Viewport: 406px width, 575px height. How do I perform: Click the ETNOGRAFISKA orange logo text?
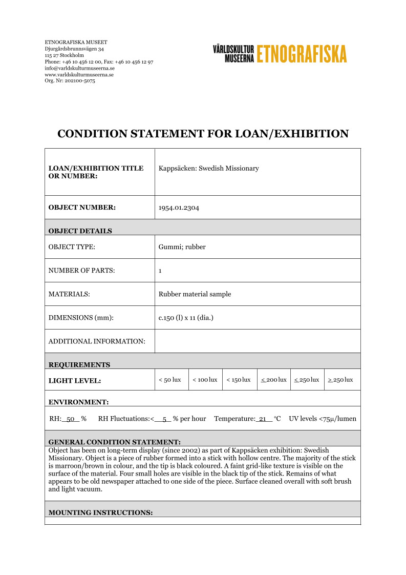[x=302, y=54]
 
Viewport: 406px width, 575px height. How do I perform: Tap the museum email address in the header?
[x=79, y=68]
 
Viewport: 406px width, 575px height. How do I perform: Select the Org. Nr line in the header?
[x=70, y=80]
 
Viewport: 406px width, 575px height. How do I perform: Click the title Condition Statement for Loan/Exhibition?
[x=203, y=134]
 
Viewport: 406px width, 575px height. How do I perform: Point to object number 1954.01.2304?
[x=179, y=208]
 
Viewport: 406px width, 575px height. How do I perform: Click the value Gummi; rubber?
[x=182, y=247]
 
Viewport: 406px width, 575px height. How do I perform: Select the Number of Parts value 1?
[x=160, y=270]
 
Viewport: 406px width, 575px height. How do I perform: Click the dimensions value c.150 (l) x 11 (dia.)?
[x=186, y=318]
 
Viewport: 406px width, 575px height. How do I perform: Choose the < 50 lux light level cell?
[x=171, y=380]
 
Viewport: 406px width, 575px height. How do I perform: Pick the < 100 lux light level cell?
[x=205, y=380]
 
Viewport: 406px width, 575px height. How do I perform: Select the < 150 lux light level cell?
[x=239, y=380]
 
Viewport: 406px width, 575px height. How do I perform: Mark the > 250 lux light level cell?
[x=340, y=380]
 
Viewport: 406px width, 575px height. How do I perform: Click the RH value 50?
[x=71, y=419]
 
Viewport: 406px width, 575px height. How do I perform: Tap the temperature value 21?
[x=263, y=419]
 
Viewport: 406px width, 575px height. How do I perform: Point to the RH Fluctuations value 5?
[x=164, y=419]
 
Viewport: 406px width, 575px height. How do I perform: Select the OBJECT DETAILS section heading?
[x=80, y=231]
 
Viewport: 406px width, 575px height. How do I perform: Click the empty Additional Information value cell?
[x=257, y=341]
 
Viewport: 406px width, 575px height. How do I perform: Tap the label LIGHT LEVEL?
[x=75, y=381]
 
